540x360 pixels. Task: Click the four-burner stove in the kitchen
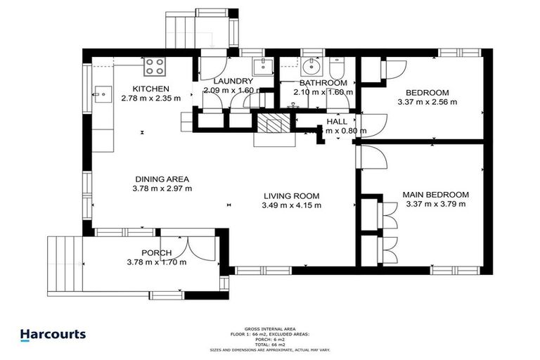pyautogui.click(x=155, y=67)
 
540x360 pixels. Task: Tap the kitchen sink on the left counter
pyautogui.click(x=102, y=91)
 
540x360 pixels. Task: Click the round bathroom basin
pyautogui.click(x=311, y=67)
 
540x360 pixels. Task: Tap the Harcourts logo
pyautogui.click(x=53, y=335)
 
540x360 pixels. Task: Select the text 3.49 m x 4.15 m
pyautogui.click(x=292, y=206)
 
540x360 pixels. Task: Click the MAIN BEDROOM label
pyautogui.click(x=435, y=195)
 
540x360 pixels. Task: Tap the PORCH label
pyautogui.click(x=156, y=253)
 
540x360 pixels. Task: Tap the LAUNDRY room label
pyautogui.click(x=232, y=81)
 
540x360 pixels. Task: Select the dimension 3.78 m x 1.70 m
pyautogui.click(x=156, y=262)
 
